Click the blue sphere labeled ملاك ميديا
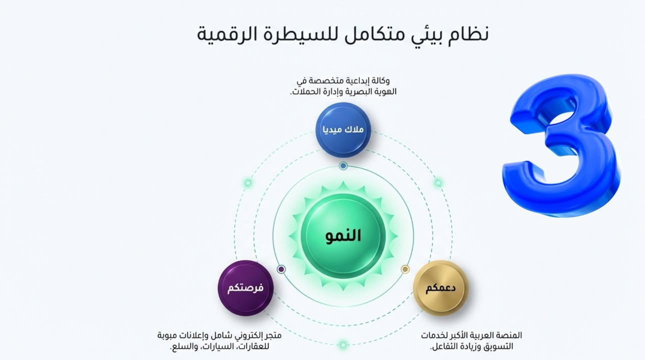[x=343, y=129]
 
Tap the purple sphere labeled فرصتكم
[x=245, y=288]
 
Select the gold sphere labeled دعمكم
[x=440, y=288]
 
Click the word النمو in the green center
[x=343, y=236]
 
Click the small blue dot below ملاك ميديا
[x=343, y=165]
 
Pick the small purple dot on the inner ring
[x=281, y=269]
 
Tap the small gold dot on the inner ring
[x=405, y=269]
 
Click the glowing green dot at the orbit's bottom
[x=343, y=344]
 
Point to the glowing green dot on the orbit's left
[x=248, y=183]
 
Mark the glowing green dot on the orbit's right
[x=438, y=183]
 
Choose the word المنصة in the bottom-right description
[x=507, y=335]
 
